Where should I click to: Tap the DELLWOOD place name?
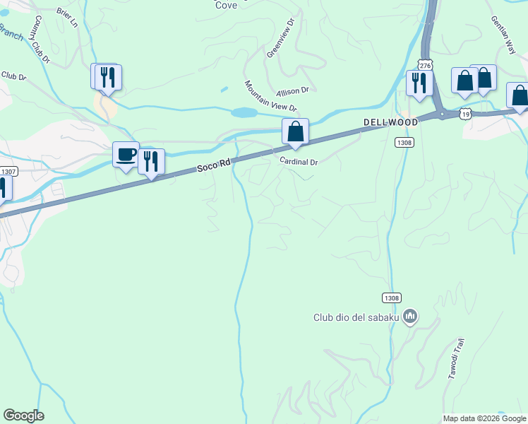coord(390,122)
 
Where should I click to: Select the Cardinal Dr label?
coord(299,162)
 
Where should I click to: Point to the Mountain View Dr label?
coord(270,96)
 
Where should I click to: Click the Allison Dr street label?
coord(293,91)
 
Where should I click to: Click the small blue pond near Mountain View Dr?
coord(244,112)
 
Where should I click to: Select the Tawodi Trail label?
coord(456,359)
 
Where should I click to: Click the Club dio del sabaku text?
coord(356,317)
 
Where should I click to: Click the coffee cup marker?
coord(126,155)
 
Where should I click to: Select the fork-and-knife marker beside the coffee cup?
coord(151,161)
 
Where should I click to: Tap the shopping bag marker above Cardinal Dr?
coord(295,131)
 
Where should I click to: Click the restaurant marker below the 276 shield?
coord(419,83)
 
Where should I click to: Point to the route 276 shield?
coord(424,64)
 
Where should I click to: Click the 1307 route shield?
coord(9,171)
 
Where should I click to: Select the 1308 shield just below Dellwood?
coord(404,142)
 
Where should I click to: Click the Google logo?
coord(23,416)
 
